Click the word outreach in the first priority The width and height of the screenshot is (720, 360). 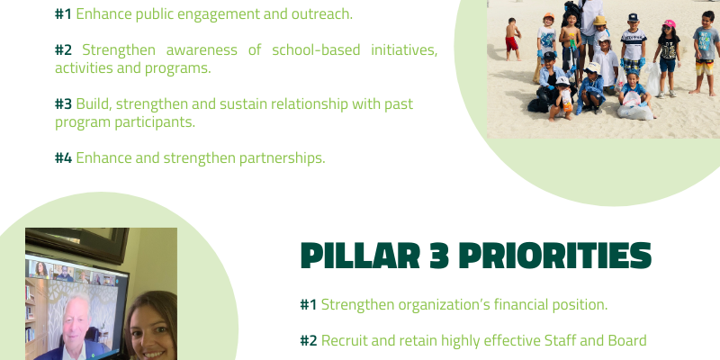point(321,14)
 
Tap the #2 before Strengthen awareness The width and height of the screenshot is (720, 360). point(63,49)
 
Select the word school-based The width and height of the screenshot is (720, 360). point(316,49)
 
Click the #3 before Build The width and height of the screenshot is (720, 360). point(63,103)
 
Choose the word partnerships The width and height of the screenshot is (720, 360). point(283,158)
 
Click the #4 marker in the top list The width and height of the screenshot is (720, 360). point(63,158)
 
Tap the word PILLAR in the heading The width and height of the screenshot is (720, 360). point(361,256)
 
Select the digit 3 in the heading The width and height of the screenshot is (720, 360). point(439,256)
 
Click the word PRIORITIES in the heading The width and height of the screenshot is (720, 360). point(555,256)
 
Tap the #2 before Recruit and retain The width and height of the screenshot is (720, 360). point(309,341)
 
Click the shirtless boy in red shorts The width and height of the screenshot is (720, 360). point(512,40)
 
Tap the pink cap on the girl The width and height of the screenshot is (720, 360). point(669,23)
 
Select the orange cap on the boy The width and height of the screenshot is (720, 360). point(548,16)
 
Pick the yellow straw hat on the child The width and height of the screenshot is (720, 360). point(599,20)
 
